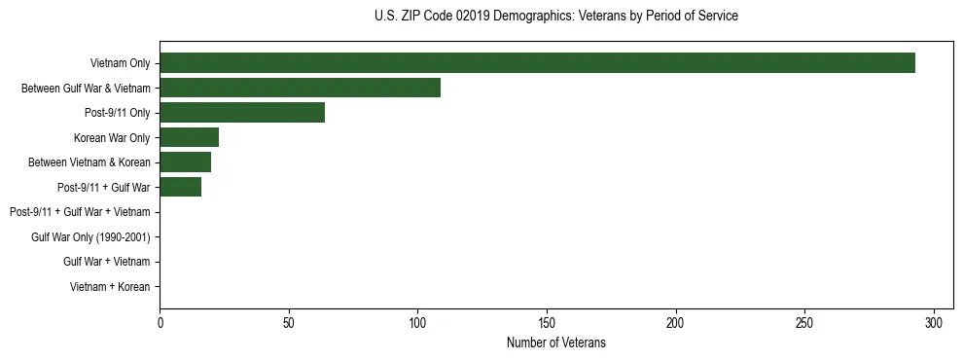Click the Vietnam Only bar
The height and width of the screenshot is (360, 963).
[537, 63]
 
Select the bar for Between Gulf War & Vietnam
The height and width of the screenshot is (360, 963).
[300, 88]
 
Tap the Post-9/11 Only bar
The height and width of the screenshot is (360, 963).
[242, 113]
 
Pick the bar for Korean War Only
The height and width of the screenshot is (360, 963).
[189, 137]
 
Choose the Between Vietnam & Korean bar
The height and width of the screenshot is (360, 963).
[185, 162]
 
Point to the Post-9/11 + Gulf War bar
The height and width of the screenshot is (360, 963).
[180, 187]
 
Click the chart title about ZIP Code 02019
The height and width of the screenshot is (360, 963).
[555, 17]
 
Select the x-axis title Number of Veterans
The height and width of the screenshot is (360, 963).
[555, 342]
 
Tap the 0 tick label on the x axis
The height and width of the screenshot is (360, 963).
[160, 322]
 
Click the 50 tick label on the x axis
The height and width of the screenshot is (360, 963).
[289, 322]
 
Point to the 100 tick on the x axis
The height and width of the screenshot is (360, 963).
[417, 322]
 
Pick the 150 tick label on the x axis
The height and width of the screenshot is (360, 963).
[547, 322]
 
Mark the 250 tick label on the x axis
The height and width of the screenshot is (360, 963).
[804, 322]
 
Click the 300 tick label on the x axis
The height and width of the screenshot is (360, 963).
[934, 322]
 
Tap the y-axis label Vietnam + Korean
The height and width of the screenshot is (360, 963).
[110, 286]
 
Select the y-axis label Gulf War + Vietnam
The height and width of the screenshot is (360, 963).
[107, 262]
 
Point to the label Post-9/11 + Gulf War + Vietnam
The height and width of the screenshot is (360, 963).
[80, 212]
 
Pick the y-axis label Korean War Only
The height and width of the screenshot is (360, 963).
[112, 137]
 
